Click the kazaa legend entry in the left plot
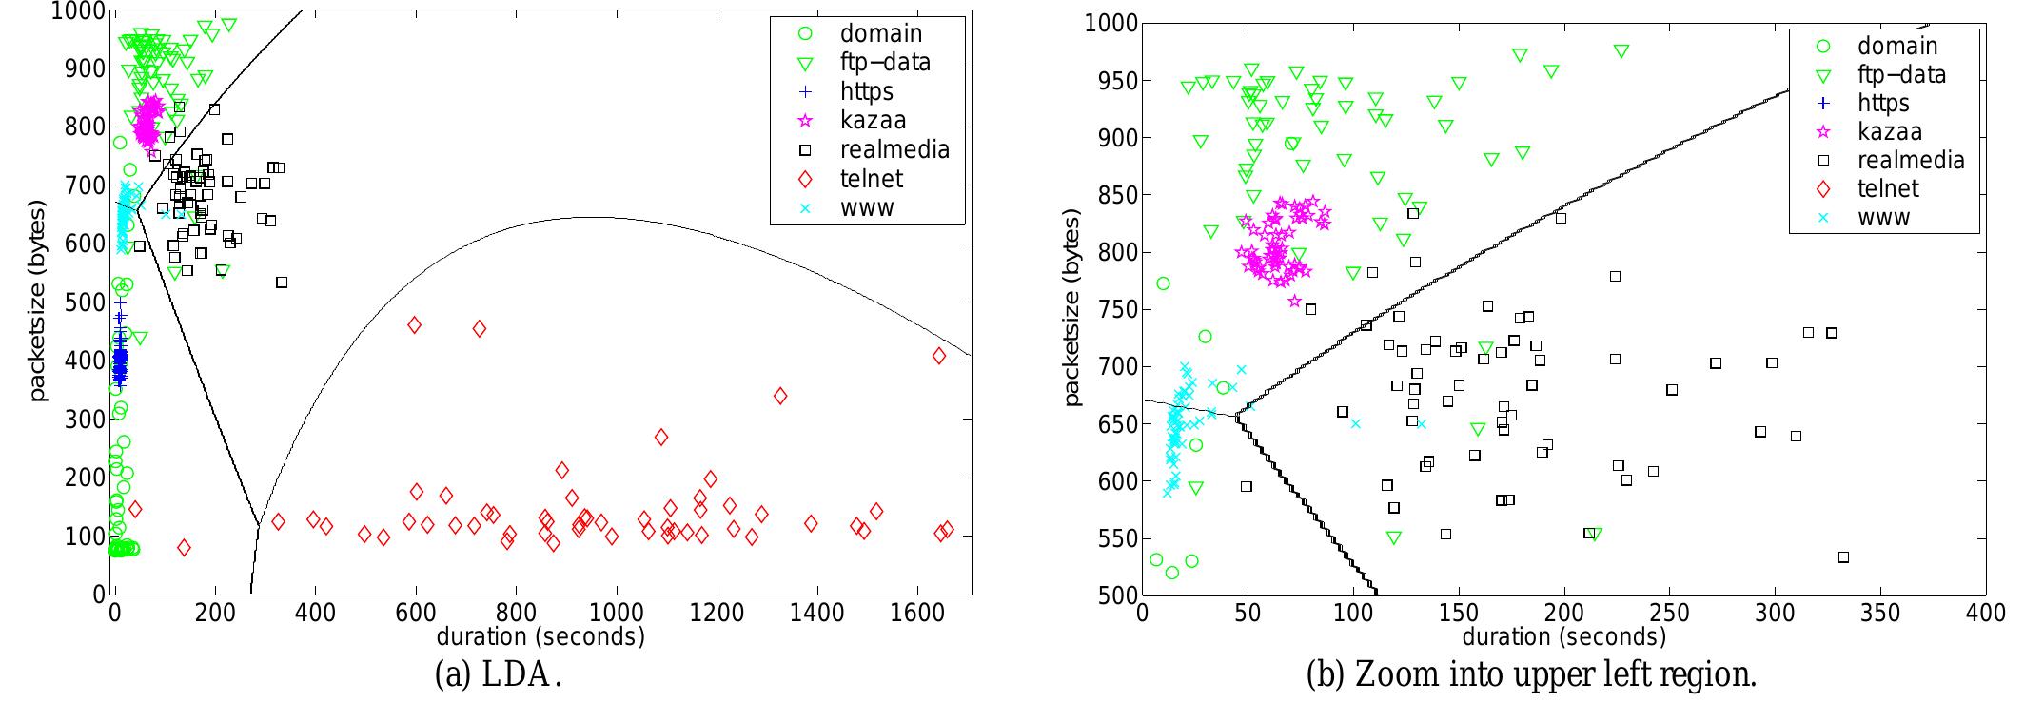pyautogui.click(x=872, y=121)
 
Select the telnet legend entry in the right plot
pyautogui.click(x=1888, y=189)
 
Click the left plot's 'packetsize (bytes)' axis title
pyautogui.click(x=38, y=300)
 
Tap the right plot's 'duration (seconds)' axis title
pyautogui.click(x=1563, y=635)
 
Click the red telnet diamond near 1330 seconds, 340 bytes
pyautogui.click(x=780, y=396)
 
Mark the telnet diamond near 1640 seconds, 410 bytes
pyautogui.click(x=939, y=356)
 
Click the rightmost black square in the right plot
pyautogui.click(x=1843, y=557)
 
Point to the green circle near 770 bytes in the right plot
pyautogui.click(x=1163, y=283)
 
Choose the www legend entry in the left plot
pyautogui.click(x=866, y=207)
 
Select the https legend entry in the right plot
pyautogui.click(x=1883, y=104)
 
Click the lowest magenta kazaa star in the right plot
pyautogui.click(x=1294, y=302)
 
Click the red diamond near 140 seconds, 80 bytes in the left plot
pyautogui.click(x=184, y=548)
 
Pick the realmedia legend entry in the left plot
pyautogui.click(x=894, y=149)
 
